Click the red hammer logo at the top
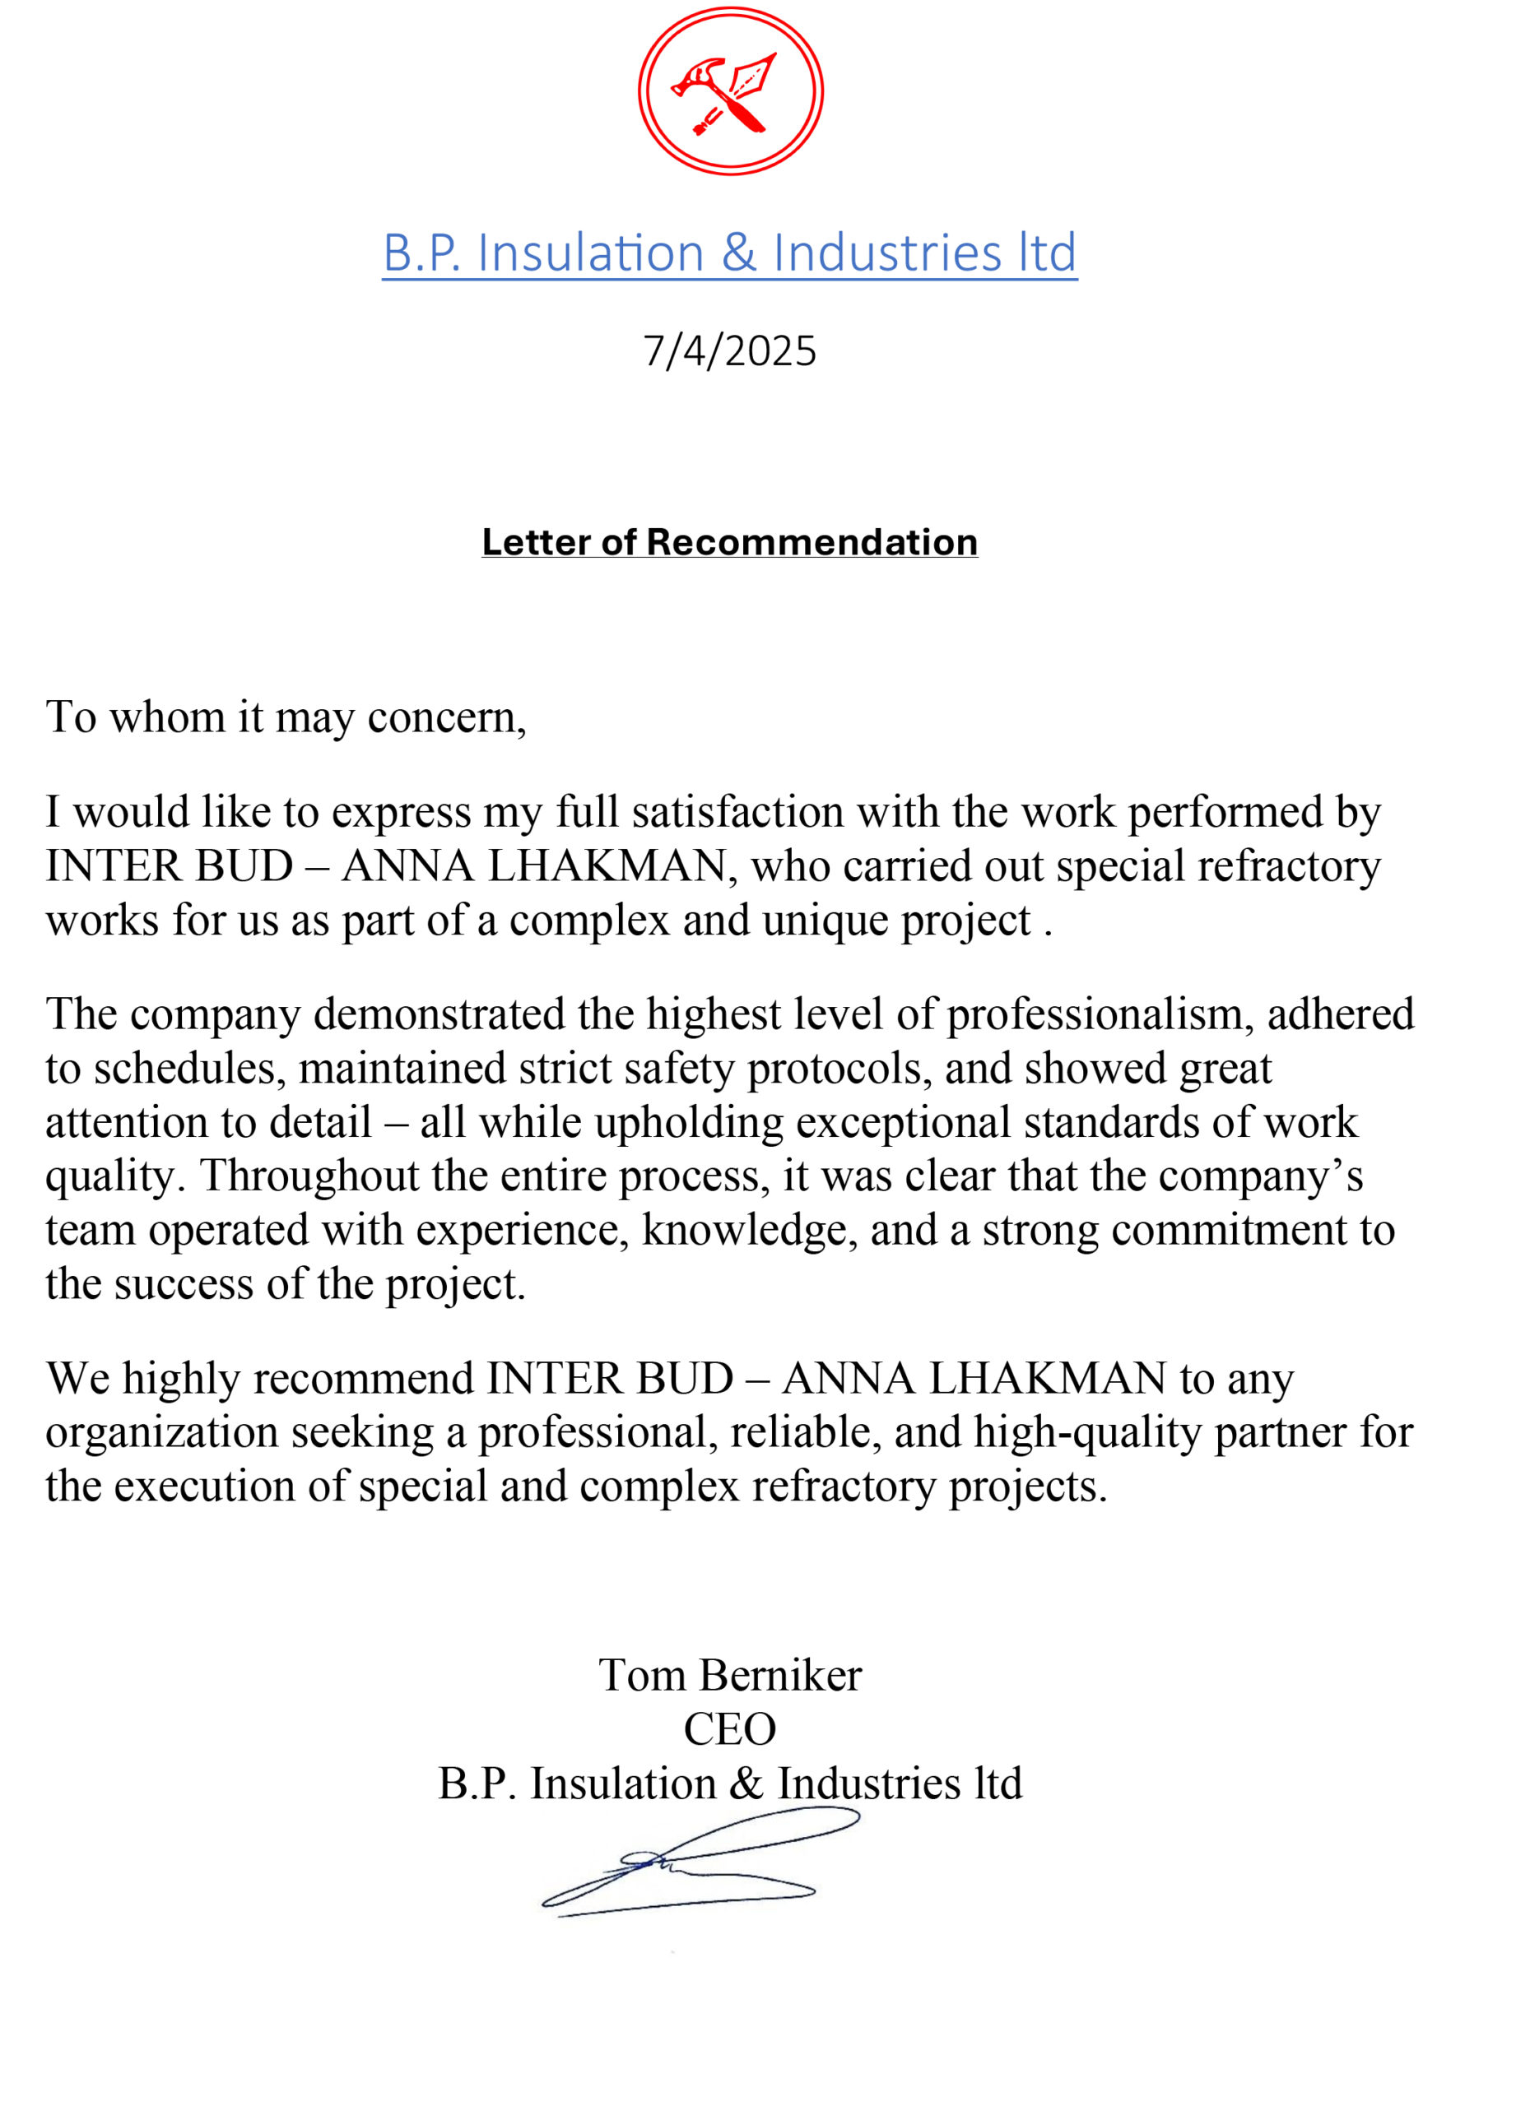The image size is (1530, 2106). click(730, 91)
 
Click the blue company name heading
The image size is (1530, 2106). click(730, 253)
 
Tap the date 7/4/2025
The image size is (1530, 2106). click(730, 352)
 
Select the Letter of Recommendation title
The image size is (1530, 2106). click(730, 542)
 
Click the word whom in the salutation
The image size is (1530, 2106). click(168, 718)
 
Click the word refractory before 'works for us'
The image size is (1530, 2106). click(1289, 866)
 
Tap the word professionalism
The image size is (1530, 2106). click(1095, 1014)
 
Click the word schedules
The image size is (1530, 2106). click(186, 1069)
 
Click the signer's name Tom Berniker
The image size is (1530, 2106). click(730, 1675)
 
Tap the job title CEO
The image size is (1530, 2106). click(730, 1729)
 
